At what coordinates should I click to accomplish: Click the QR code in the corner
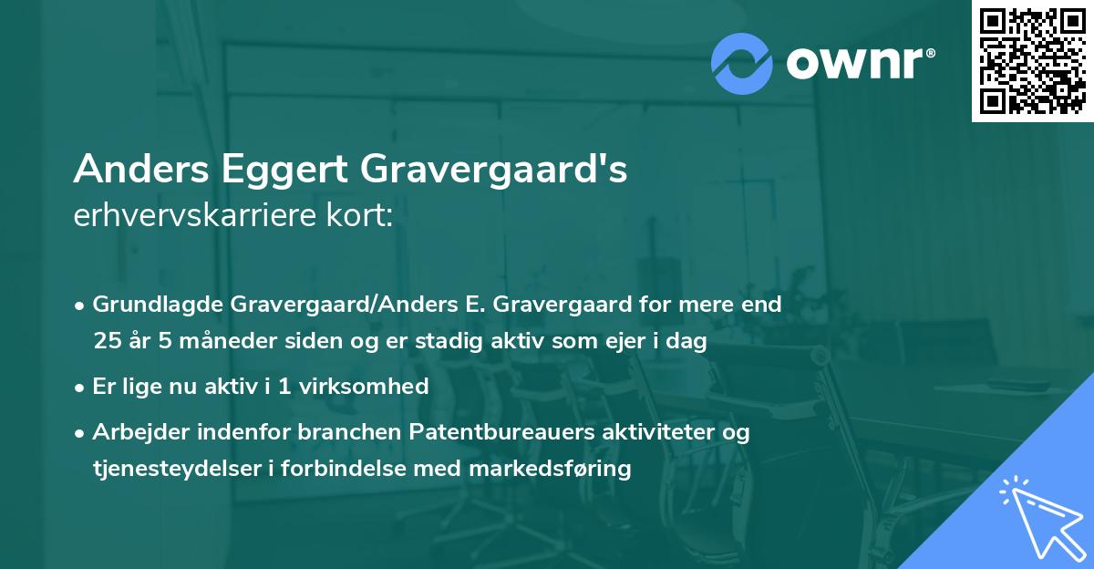pyautogui.click(x=1032, y=61)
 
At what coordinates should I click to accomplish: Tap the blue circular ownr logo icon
pyautogui.click(x=743, y=61)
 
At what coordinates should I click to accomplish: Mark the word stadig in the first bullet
pyautogui.click(x=437, y=341)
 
